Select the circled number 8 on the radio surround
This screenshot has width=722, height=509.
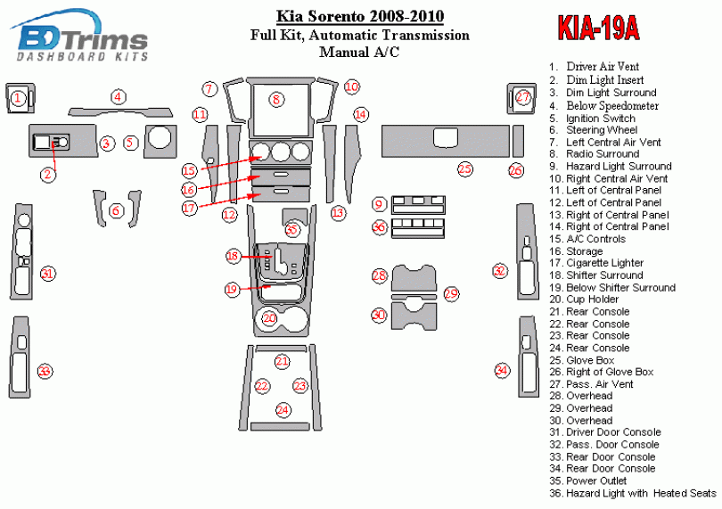[277, 100]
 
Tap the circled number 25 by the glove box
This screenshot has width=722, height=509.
[464, 168]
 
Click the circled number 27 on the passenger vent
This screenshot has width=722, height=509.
[523, 97]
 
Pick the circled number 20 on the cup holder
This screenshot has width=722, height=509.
[270, 318]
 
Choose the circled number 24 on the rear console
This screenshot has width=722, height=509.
[283, 410]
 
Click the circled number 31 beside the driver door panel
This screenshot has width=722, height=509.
[48, 274]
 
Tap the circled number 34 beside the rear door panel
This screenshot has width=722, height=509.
[502, 370]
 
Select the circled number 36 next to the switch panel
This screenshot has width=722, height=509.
[379, 228]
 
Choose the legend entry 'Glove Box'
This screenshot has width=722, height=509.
[590, 360]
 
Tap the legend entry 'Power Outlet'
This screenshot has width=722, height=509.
[597, 480]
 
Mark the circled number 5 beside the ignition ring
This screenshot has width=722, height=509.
[130, 142]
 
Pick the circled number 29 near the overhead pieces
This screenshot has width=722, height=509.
[451, 293]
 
